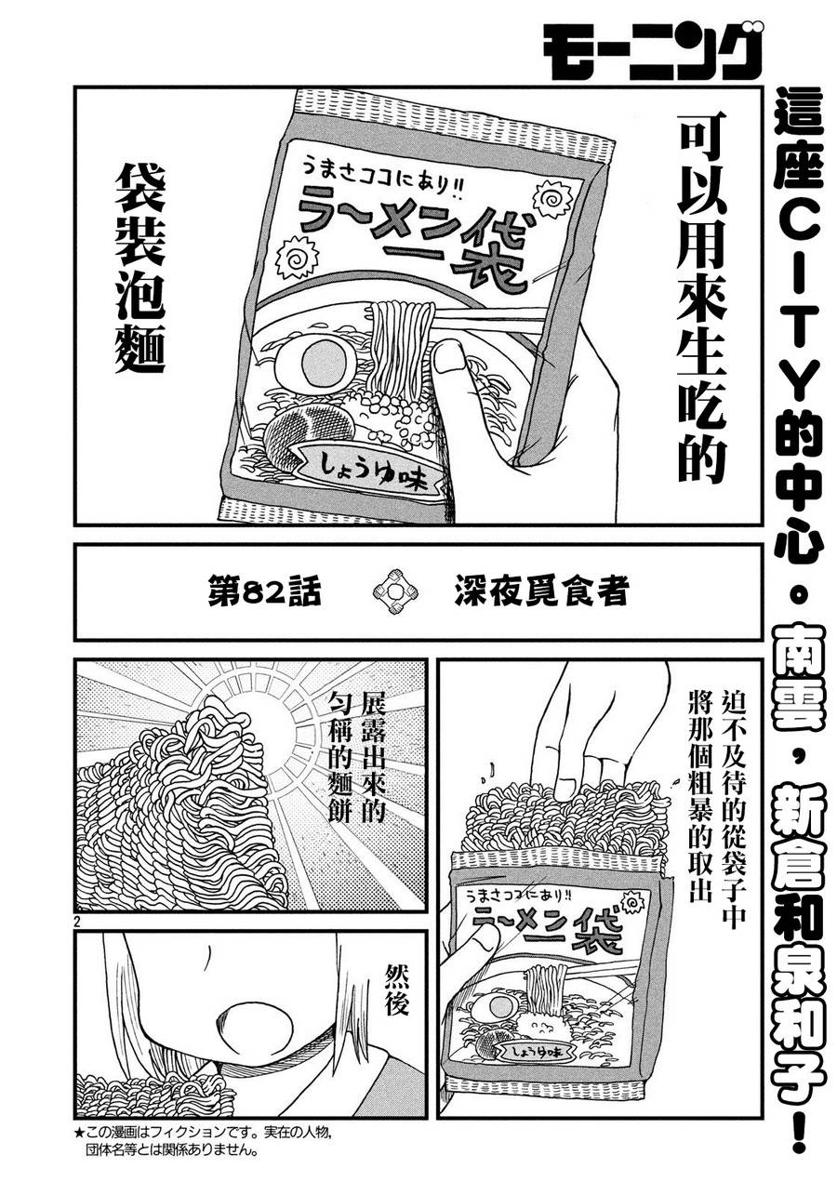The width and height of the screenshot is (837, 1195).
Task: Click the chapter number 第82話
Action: point(265,591)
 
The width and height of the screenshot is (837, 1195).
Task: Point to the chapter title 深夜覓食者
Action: point(541,591)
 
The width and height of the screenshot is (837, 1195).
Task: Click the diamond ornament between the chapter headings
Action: point(395,591)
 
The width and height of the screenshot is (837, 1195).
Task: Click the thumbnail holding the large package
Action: point(448,358)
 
